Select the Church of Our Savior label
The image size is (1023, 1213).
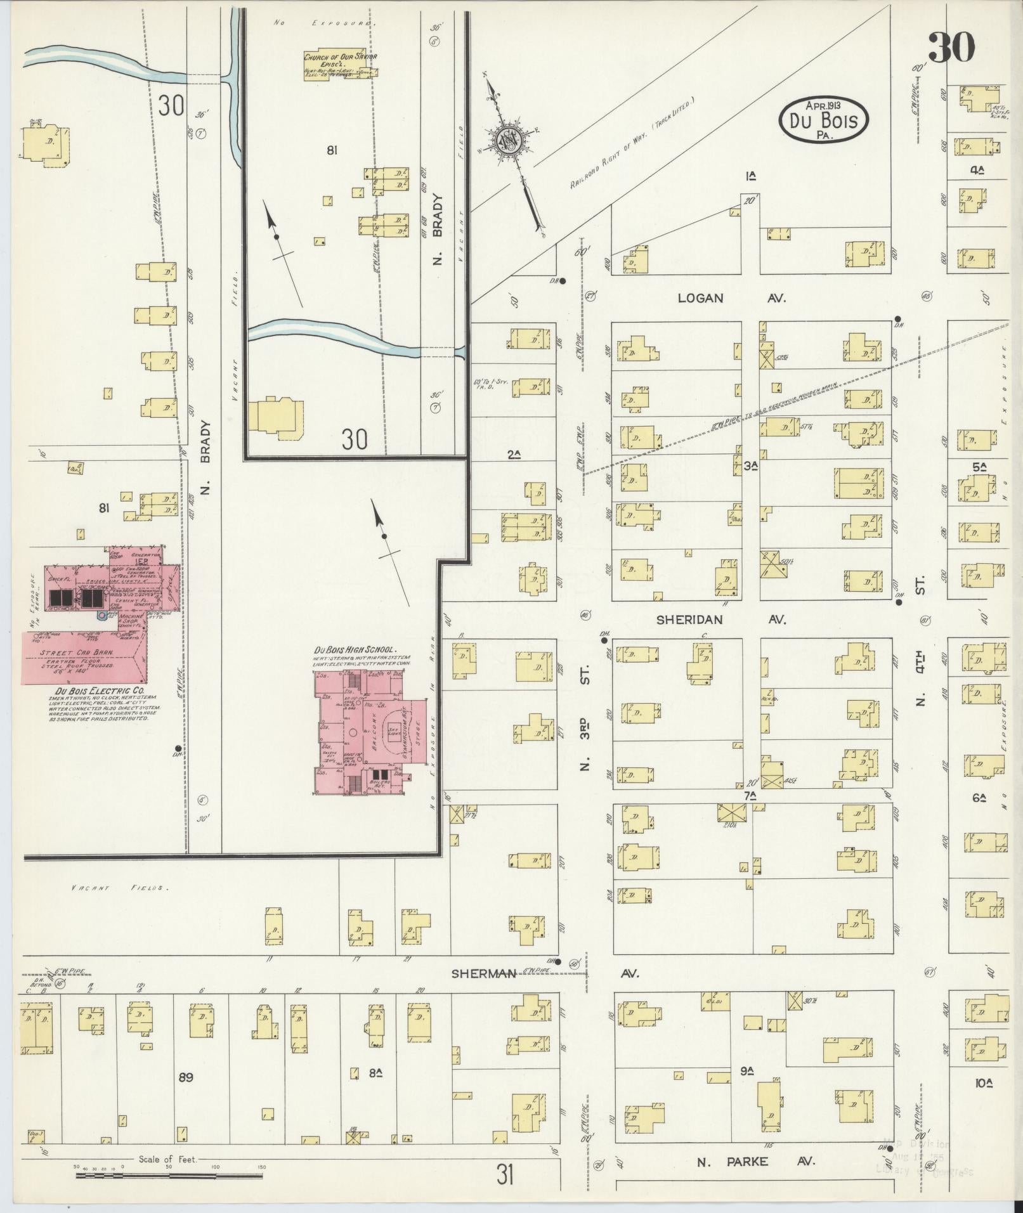click(340, 56)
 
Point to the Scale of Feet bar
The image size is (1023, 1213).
click(169, 1175)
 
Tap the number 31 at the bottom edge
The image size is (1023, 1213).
click(505, 1176)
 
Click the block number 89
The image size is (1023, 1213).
click(185, 1077)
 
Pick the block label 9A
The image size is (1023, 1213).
click(746, 1072)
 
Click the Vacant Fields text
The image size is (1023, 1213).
click(120, 888)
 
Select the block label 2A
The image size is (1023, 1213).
click(514, 453)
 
